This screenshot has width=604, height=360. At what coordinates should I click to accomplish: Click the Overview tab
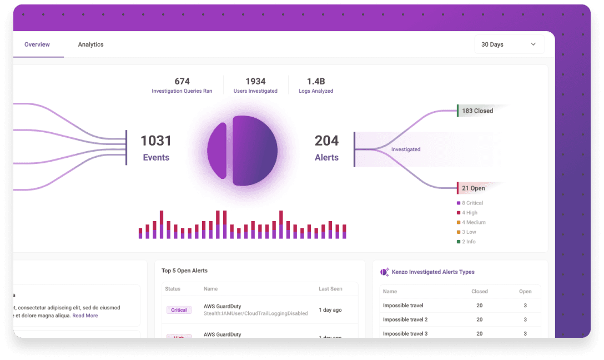tap(37, 44)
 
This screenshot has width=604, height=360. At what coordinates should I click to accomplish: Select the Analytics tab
tap(90, 44)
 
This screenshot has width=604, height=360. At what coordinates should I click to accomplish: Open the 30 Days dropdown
tap(509, 44)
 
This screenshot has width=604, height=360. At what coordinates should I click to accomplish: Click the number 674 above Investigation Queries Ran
tap(182, 82)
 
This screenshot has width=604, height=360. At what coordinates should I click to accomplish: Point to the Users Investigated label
tap(255, 91)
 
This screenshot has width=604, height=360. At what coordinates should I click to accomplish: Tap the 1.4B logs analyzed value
tap(316, 82)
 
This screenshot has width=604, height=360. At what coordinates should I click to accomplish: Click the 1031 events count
tap(156, 141)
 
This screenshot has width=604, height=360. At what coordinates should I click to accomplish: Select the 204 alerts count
tap(326, 141)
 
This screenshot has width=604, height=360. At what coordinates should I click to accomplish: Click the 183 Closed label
tap(477, 111)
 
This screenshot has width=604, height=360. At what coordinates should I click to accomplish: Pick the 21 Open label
tap(474, 188)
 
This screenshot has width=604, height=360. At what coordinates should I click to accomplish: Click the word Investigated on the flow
tap(406, 149)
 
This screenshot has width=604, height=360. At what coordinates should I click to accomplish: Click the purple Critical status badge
tap(179, 310)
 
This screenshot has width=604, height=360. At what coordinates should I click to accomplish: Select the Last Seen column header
tap(330, 289)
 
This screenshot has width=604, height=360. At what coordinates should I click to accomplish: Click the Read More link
tap(85, 316)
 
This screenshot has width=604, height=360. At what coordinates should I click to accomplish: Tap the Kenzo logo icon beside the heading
tap(384, 272)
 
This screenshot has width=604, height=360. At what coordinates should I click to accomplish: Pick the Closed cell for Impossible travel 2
tap(480, 319)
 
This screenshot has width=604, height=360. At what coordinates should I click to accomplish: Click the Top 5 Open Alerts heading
tap(184, 271)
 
